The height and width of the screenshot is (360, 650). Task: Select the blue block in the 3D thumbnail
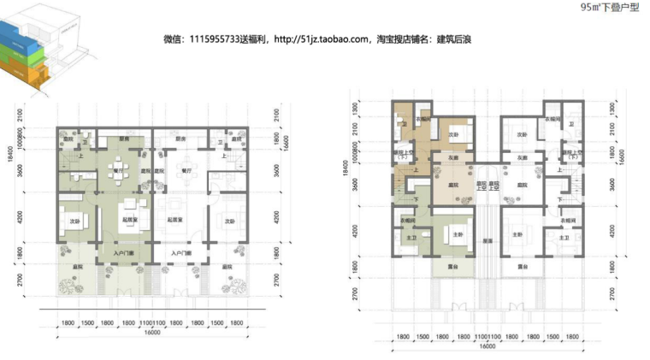click(x=22, y=38)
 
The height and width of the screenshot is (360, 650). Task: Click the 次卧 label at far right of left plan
click(x=229, y=221)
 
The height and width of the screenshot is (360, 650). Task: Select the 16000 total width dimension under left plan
click(x=151, y=333)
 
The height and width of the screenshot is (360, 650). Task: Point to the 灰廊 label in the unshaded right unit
click(x=521, y=159)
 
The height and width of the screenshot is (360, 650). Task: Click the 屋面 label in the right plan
click(x=485, y=240)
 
